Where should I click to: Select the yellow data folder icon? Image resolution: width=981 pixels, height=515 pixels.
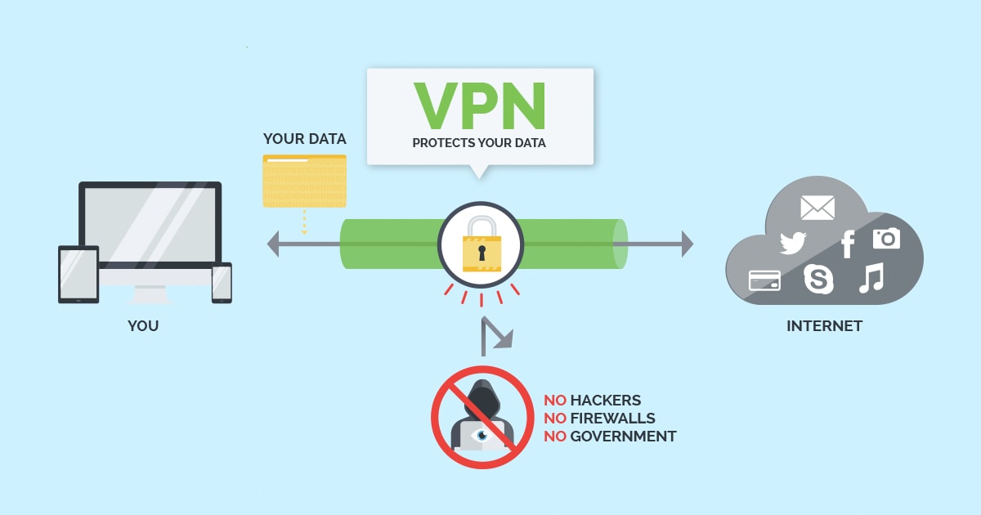304,181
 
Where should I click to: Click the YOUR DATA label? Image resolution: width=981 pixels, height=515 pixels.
304,138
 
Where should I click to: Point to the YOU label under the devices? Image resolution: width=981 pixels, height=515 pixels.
143,326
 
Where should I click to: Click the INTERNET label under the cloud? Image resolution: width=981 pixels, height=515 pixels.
824,326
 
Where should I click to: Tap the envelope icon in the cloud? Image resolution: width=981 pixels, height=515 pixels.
817,208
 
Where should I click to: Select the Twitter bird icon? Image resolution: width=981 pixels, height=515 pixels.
793,243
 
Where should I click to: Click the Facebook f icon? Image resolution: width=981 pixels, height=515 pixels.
848,244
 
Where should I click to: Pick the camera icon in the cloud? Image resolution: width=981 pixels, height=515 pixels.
886,238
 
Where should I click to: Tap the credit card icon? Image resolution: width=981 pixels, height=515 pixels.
764,280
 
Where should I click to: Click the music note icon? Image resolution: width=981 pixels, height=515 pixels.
871,279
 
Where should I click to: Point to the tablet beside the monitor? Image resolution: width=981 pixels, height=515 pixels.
78,274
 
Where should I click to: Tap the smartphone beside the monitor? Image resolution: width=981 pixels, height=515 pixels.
222,283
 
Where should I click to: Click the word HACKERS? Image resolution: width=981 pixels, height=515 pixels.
606,401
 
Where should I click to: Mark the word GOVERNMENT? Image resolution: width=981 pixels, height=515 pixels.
623,437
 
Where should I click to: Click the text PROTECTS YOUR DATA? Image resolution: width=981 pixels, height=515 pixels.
479,143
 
